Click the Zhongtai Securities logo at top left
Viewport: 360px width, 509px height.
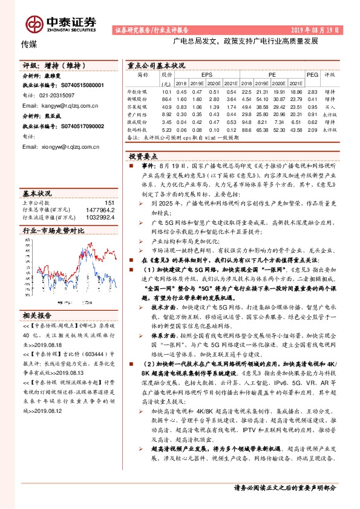(61, 23)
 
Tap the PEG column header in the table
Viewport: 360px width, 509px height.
(312, 75)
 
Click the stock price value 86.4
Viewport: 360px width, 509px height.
(167, 98)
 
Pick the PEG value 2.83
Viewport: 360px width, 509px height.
(312, 91)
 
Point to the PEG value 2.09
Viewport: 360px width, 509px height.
(312, 129)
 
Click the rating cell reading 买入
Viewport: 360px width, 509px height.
(330, 106)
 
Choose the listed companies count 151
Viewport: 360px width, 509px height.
(110, 203)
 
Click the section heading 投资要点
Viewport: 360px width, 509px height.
(144, 156)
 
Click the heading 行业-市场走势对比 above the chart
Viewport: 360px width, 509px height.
(53, 230)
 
